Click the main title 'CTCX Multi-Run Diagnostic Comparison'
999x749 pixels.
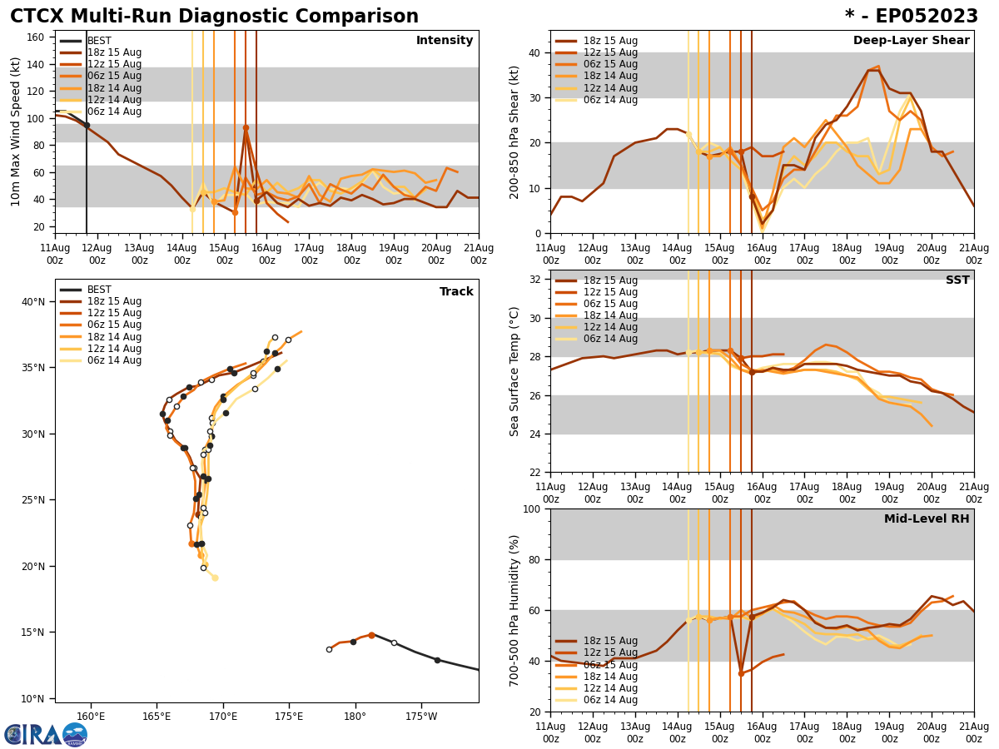pos(214,17)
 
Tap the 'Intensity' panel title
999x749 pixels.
pos(445,41)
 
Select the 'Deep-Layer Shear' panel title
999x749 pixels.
pos(911,41)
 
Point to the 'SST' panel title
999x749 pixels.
pos(957,280)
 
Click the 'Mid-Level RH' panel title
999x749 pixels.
pos(927,519)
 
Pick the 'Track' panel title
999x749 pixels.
pos(456,292)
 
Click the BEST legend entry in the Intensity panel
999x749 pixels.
pos(99,41)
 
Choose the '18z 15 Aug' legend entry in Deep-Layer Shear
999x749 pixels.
pos(610,41)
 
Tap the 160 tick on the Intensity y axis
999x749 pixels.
pos(38,37)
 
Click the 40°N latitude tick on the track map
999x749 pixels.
pos(34,301)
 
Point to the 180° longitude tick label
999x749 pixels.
pos(355,716)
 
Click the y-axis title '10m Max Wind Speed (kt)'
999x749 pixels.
pos(16,131)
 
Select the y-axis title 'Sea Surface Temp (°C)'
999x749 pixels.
pos(514,371)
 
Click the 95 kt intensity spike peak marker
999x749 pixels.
pos(246,127)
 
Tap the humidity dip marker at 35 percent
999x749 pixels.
pos(741,673)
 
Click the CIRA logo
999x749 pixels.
pos(46,735)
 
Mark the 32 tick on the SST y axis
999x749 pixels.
pos(536,279)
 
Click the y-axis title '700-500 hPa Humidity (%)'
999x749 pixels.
pos(514,610)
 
